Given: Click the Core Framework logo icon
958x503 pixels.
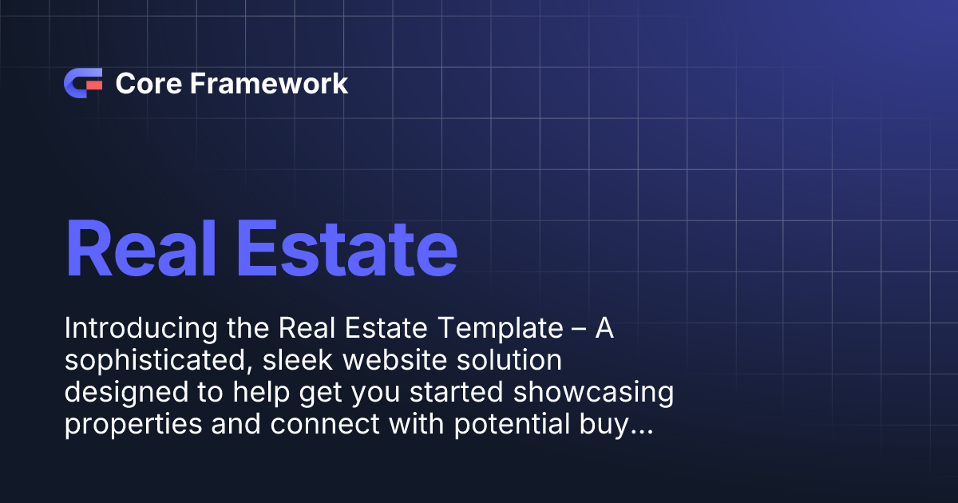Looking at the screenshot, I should pos(82,83).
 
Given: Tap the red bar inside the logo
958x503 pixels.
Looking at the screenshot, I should pos(93,83).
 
